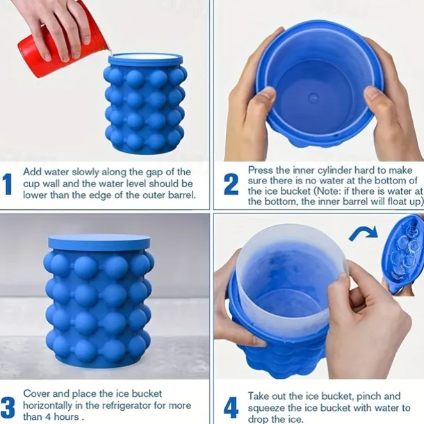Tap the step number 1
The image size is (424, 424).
[8, 184]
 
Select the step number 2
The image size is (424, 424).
[231, 184]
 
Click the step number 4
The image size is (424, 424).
[231, 406]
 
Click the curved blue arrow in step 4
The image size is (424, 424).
[363, 232]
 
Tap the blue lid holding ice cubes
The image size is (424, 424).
[402, 253]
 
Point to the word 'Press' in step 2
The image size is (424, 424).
[261, 170]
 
